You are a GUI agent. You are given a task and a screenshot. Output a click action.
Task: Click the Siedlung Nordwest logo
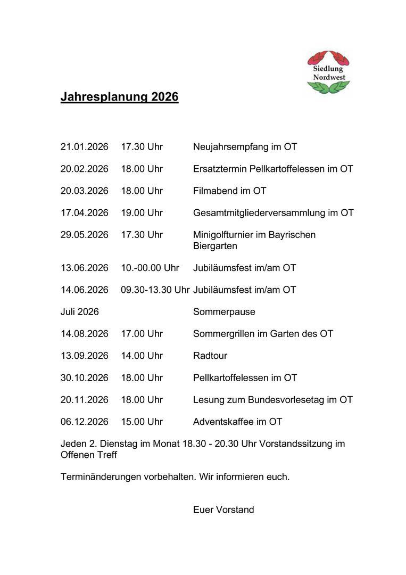pos(328,73)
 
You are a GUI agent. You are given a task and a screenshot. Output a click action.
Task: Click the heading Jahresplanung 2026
pos(119,97)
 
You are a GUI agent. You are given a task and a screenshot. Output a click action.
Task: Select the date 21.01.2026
pos(84,147)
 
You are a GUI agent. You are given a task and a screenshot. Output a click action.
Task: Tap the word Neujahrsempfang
pos(229,147)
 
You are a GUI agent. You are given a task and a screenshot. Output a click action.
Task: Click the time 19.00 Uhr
pos(142,213)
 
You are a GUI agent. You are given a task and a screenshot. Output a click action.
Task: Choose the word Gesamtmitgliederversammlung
pos(259,213)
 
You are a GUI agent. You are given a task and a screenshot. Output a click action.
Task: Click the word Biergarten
pos(215,246)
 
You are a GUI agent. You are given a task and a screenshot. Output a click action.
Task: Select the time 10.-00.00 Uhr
pos(150,268)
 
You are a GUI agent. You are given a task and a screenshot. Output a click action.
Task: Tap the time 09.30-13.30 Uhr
pos(155,290)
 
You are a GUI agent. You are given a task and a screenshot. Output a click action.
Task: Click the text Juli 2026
pos(80,312)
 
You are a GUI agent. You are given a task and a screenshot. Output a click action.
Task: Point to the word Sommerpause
pos(224,312)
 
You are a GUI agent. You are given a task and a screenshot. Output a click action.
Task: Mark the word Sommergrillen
pos(224,334)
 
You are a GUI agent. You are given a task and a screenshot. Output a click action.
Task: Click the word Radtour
pos(210,356)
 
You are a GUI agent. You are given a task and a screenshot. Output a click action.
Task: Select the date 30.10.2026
pos(84,378)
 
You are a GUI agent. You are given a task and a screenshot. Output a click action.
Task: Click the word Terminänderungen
pos(101,477)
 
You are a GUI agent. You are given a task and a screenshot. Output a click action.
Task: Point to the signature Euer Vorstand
pos(223,510)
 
